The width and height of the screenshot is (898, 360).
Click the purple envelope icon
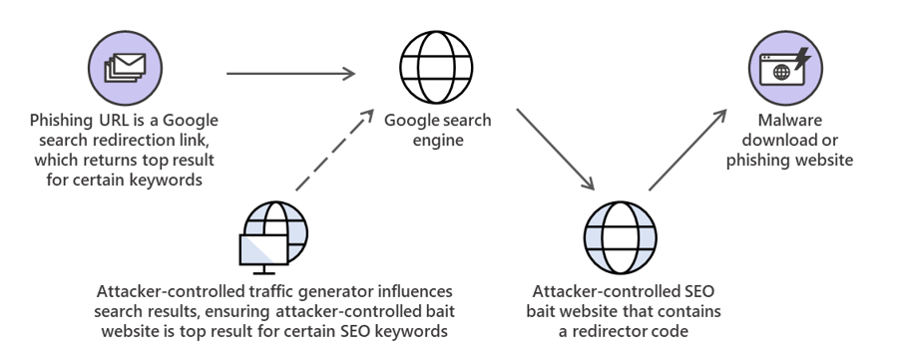(x=119, y=66)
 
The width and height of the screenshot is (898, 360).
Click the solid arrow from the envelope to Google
(x=290, y=73)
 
